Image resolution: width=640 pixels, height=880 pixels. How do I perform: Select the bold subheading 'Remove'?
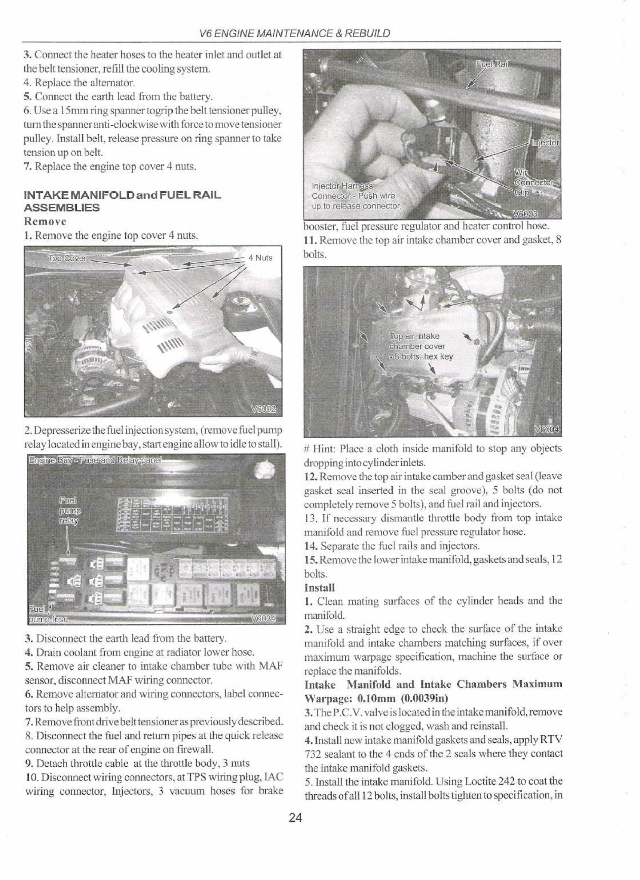click(x=45, y=221)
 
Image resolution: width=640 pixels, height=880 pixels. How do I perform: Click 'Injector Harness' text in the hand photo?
click(x=343, y=187)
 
